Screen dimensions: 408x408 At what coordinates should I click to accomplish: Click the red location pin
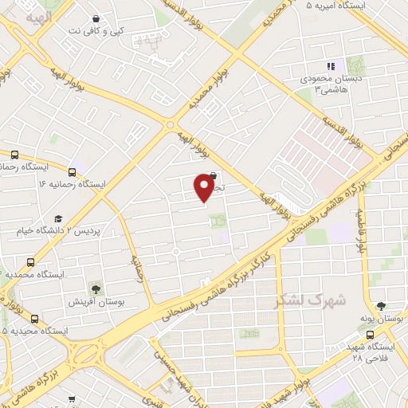[x=204, y=187]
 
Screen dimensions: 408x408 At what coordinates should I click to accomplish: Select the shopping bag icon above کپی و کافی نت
[x=96, y=18]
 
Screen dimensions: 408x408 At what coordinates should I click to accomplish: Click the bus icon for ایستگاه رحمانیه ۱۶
[x=73, y=171]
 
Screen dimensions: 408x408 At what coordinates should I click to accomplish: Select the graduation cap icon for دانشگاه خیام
[x=58, y=218]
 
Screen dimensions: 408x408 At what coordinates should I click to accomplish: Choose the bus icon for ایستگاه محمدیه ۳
[x=31, y=261]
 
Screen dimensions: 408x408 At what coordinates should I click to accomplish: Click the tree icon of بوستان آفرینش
[x=96, y=288]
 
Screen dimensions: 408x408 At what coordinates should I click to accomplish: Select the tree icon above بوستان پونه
[x=381, y=305]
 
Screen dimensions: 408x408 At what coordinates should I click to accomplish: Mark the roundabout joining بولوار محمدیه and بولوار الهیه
[x=170, y=124]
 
